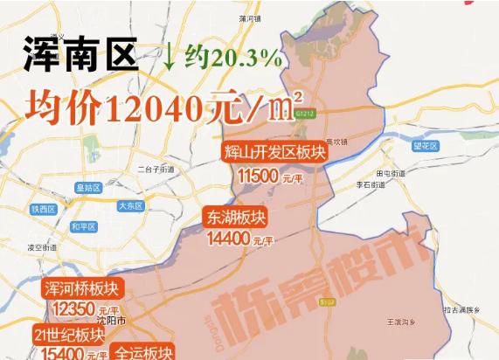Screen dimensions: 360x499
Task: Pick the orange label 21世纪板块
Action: click(70, 334)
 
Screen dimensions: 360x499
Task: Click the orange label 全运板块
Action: click(145, 353)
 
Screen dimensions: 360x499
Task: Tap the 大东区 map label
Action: click(129, 207)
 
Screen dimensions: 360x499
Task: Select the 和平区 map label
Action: click(85, 226)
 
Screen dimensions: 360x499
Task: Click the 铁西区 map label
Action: click(42, 209)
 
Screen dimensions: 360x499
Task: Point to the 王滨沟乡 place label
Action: click(402, 323)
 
